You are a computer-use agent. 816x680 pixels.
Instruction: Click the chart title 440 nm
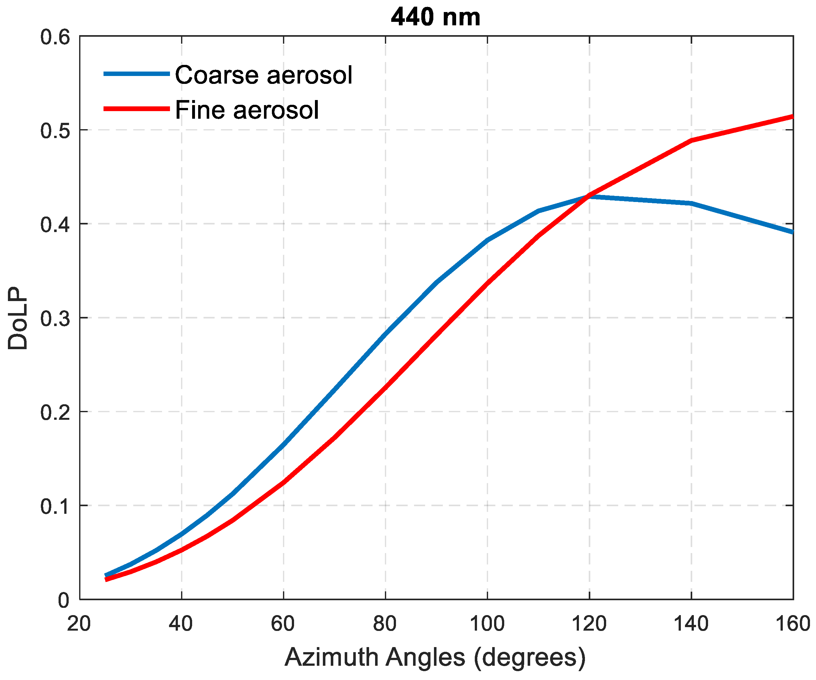[436, 17]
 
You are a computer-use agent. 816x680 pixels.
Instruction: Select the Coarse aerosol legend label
[263, 75]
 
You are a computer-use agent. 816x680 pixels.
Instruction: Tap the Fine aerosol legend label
[247, 110]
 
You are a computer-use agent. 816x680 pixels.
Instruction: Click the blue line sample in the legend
[136, 73]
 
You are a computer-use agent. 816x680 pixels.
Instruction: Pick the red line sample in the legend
[136, 109]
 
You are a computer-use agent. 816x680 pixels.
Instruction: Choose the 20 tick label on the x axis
[79, 624]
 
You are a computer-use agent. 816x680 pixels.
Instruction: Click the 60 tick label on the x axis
[283, 624]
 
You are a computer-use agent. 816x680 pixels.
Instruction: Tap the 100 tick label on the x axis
[487, 624]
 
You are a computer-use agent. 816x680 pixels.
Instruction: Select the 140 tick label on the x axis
[691, 624]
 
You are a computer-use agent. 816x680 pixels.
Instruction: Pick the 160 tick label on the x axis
[793, 624]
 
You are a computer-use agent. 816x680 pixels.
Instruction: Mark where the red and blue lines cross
[588, 196]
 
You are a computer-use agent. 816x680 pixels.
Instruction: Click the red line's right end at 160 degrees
[792, 116]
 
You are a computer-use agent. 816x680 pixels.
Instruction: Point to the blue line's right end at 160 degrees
[792, 232]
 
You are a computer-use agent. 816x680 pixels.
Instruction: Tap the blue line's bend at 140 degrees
[691, 203]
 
